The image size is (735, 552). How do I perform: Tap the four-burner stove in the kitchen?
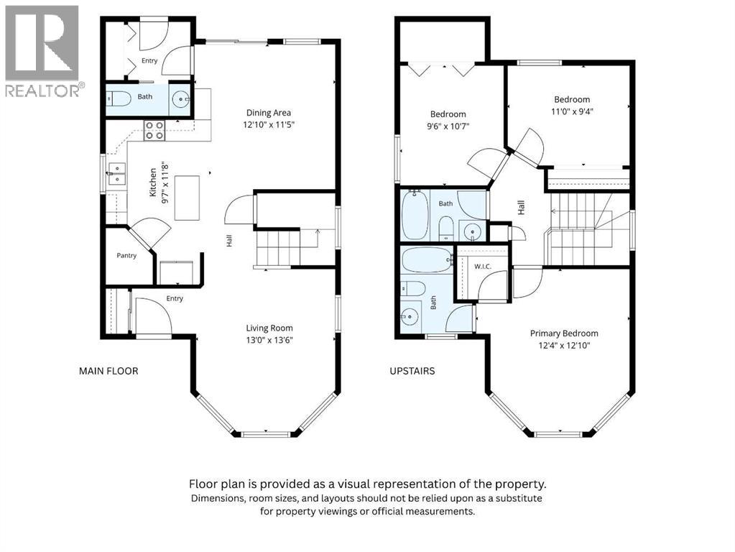click(154, 130)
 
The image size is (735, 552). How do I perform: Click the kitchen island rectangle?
click(187, 198)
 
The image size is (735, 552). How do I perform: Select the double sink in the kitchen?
click(116, 174)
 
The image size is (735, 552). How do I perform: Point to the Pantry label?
click(126, 256)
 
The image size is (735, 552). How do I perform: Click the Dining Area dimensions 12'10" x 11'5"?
click(269, 125)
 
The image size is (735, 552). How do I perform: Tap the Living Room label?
click(269, 328)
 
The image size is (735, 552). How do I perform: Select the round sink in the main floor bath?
click(181, 99)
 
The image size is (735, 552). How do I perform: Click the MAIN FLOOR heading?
click(108, 371)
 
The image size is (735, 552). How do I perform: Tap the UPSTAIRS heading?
click(412, 371)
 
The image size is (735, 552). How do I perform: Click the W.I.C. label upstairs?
click(482, 267)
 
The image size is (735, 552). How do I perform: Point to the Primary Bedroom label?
click(564, 333)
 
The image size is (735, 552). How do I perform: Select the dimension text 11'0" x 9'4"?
click(571, 111)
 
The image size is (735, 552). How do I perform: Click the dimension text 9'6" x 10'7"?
click(448, 126)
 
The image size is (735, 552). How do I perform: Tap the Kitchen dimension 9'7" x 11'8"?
click(165, 183)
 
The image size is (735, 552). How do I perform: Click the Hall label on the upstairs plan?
click(521, 208)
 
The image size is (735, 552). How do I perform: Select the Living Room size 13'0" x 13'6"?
click(269, 341)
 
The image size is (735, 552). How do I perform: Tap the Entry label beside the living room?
click(175, 298)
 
